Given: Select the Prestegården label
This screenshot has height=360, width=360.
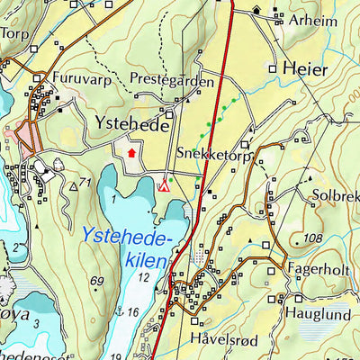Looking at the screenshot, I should tap(172, 81).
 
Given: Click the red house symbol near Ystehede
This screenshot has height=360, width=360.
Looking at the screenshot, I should tap(132, 153).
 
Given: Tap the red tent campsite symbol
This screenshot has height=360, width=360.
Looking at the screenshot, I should tap(164, 186).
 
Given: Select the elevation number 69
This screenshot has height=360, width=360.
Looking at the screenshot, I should tap(99, 282).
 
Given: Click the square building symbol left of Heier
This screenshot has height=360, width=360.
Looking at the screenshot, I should tap(273, 67).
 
